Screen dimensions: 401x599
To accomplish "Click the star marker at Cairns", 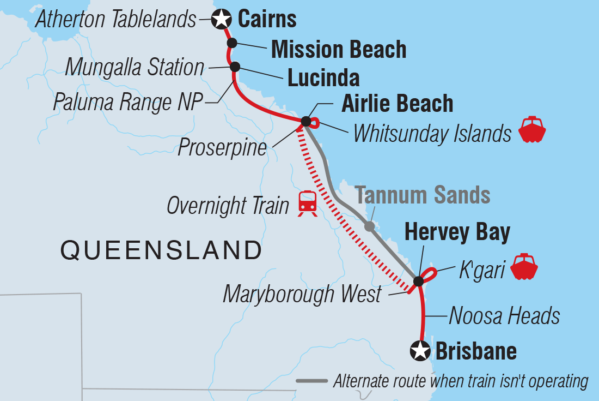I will (221, 20).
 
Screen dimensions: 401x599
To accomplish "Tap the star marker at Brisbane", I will (420, 351).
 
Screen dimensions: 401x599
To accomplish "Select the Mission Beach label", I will (338, 50).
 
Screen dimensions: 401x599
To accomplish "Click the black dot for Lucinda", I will (235, 67).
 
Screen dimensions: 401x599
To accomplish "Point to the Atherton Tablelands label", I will (115, 20).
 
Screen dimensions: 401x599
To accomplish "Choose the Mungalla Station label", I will (135, 68).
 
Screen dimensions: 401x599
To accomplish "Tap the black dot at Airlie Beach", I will (306, 121).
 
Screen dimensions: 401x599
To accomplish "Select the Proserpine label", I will (222, 147).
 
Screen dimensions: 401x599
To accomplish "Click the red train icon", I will (308, 204).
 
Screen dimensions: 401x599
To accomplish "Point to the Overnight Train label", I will (228, 206).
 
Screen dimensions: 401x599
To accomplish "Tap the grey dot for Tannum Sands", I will (369, 226).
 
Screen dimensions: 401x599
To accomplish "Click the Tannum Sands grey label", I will (423, 195).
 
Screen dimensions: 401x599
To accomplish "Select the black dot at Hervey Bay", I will (418, 282).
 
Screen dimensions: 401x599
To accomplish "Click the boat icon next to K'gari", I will (524, 267).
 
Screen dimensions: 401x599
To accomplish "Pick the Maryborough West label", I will (302, 294).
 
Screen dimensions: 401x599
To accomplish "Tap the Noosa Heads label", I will (504, 315).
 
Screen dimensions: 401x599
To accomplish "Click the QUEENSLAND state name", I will (161, 250).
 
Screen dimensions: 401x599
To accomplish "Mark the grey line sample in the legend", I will (311, 381).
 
